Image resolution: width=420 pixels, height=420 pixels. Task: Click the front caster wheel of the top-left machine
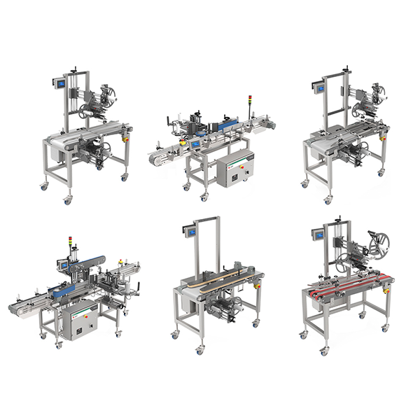pyautogui.click(x=67, y=201)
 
